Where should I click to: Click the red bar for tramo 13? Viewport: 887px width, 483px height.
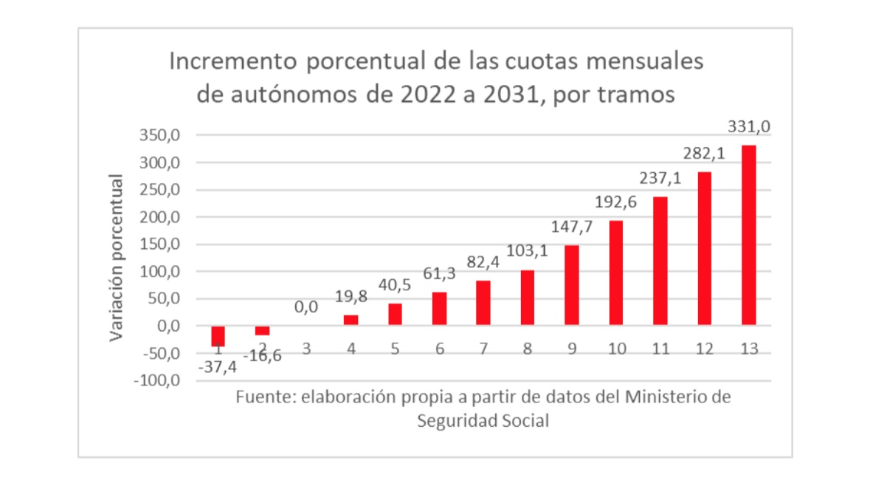pos(749,235)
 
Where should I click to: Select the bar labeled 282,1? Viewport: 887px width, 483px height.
pos(705,248)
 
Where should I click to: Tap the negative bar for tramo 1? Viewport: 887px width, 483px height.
pos(218,336)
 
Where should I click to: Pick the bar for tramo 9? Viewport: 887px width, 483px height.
pos(572,285)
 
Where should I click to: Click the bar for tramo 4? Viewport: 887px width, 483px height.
pos(351,320)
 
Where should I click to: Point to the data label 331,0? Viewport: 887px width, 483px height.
pos(750,127)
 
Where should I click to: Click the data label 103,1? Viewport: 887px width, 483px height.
pos(528,252)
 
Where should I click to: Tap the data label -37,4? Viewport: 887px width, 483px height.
pos(214,367)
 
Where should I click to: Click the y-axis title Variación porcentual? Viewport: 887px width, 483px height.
pos(117,258)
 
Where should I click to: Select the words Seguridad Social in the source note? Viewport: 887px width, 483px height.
pos(483,421)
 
